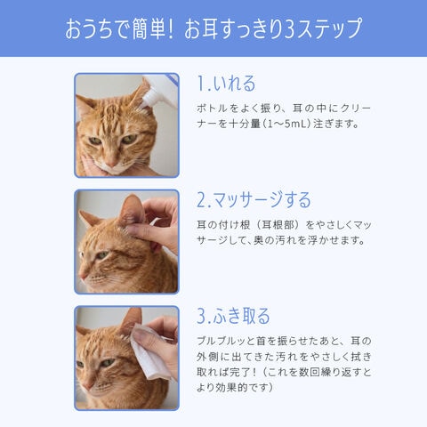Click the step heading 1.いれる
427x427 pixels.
[226, 84]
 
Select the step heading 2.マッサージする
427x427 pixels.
[254, 199]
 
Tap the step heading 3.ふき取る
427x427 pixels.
[233, 316]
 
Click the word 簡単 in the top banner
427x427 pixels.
[149, 28]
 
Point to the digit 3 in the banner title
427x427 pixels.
[290, 29]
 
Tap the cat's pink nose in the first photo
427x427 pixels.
[112, 163]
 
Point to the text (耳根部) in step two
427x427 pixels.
[276, 225]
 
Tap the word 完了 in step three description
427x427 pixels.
[238, 372]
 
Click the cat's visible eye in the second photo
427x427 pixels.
[102, 254]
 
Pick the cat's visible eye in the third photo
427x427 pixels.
[106, 362]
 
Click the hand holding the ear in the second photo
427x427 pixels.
[157, 225]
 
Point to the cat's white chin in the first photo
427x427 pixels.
[114, 171]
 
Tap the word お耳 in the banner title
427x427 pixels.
[202, 28]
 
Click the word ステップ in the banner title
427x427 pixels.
[329, 28]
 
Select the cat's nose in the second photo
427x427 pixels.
[83, 277]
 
